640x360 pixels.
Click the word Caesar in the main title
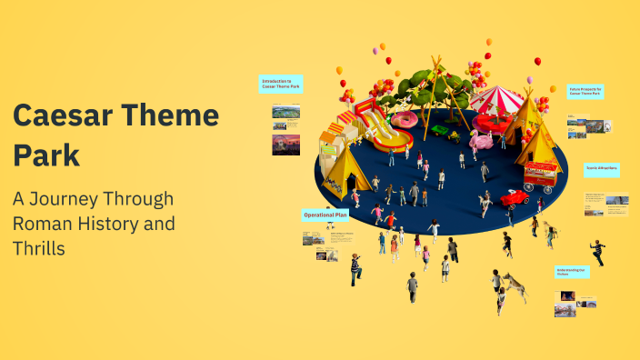[62, 116]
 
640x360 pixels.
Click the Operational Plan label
[325, 215]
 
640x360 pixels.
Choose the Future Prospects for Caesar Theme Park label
[586, 91]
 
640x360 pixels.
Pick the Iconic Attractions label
[601, 169]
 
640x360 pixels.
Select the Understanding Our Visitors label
[572, 272]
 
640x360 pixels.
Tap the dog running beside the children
[514, 286]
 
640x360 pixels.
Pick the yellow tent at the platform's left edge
[345, 172]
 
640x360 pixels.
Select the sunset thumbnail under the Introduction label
[285, 145]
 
